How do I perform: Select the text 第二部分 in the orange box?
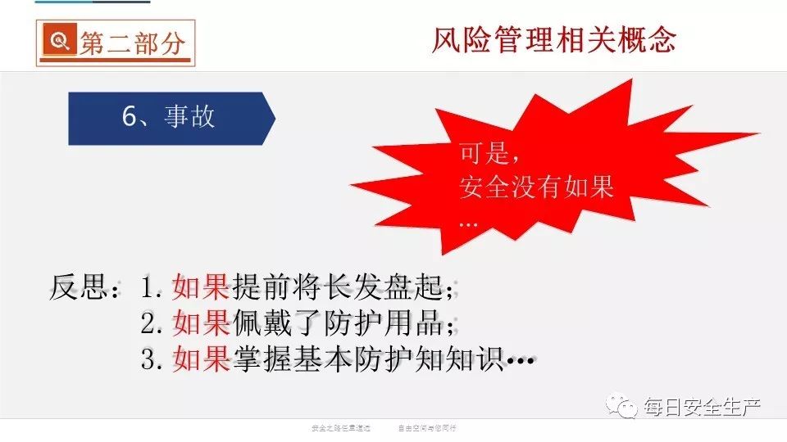coord(132,43)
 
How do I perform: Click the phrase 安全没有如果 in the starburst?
coord(536,187)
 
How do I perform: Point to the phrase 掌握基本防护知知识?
coord(366,359)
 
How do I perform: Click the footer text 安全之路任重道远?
coord(341,428)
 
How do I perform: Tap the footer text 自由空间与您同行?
coord(427,428)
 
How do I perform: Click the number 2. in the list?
coord(152,324)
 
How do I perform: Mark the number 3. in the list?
coord(152,359)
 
